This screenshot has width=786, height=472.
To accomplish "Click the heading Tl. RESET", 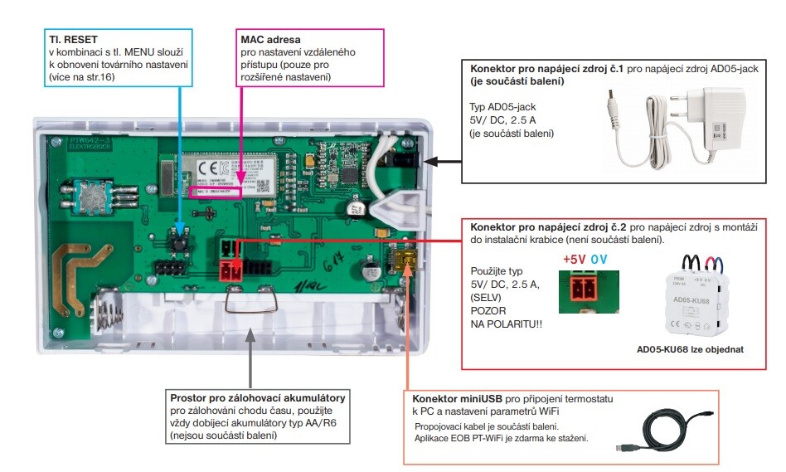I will [73, 39].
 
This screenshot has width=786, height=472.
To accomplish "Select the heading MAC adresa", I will [269, 39].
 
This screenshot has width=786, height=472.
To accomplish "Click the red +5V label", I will [575, 260].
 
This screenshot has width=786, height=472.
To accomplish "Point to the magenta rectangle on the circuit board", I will [215, 192].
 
